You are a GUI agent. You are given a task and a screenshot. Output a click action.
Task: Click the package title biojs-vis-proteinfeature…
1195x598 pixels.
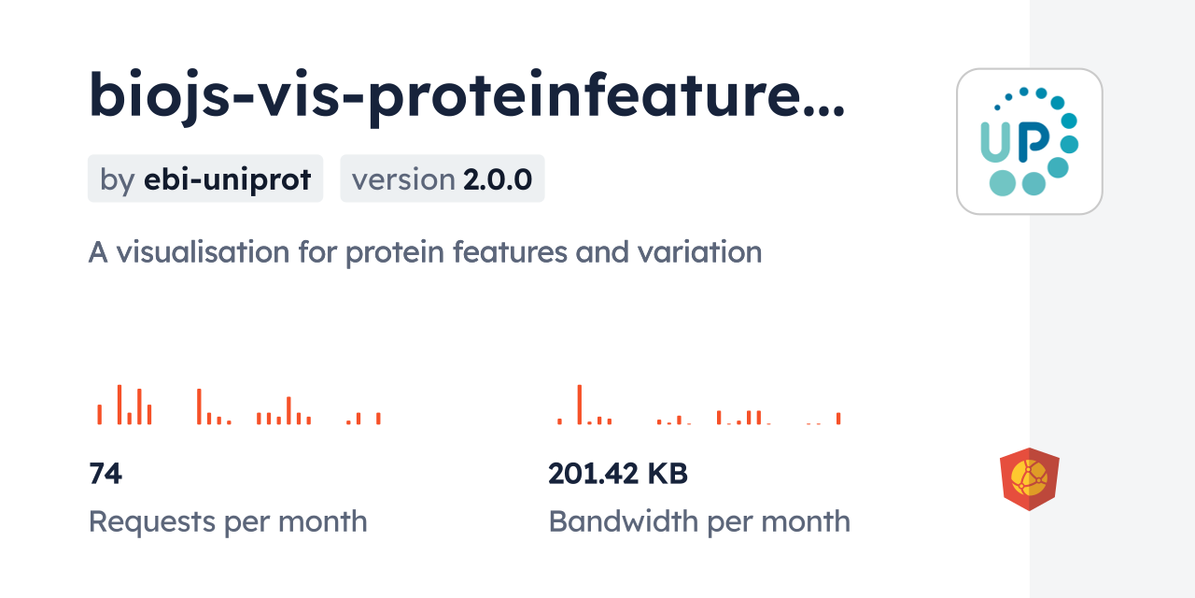pos(467,95)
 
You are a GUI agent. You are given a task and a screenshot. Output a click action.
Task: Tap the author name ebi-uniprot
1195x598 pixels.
pos(227,179)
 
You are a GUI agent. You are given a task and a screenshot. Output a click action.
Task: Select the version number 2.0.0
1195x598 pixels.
pos(498,179)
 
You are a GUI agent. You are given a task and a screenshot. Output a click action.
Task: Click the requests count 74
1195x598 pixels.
pos(105,475)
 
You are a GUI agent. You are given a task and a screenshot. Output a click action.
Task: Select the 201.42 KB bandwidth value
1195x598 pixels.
pos(618,475)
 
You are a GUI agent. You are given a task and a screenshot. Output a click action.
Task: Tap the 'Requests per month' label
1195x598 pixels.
pos(228,521)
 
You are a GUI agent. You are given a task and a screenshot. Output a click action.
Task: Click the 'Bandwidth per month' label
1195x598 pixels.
pos(699,521)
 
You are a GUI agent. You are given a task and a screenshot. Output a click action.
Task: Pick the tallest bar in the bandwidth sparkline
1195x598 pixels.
pos(580,405)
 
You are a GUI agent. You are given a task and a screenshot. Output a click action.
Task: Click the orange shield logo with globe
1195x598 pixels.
pos(1030,479)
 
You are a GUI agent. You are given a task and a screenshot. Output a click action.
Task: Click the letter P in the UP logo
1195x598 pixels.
pos(1033,140)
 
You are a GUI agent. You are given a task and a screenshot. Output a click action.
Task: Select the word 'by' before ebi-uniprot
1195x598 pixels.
pos(117,179)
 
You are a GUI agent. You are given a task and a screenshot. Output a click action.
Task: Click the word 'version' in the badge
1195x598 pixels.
pos(403,179)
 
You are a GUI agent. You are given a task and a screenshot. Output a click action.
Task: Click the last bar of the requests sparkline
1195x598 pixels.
pos(378,419)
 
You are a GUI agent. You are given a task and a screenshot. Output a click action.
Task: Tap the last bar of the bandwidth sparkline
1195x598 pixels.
pos(838,419)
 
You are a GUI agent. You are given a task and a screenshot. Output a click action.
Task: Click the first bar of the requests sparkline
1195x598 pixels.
pos(99,414)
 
